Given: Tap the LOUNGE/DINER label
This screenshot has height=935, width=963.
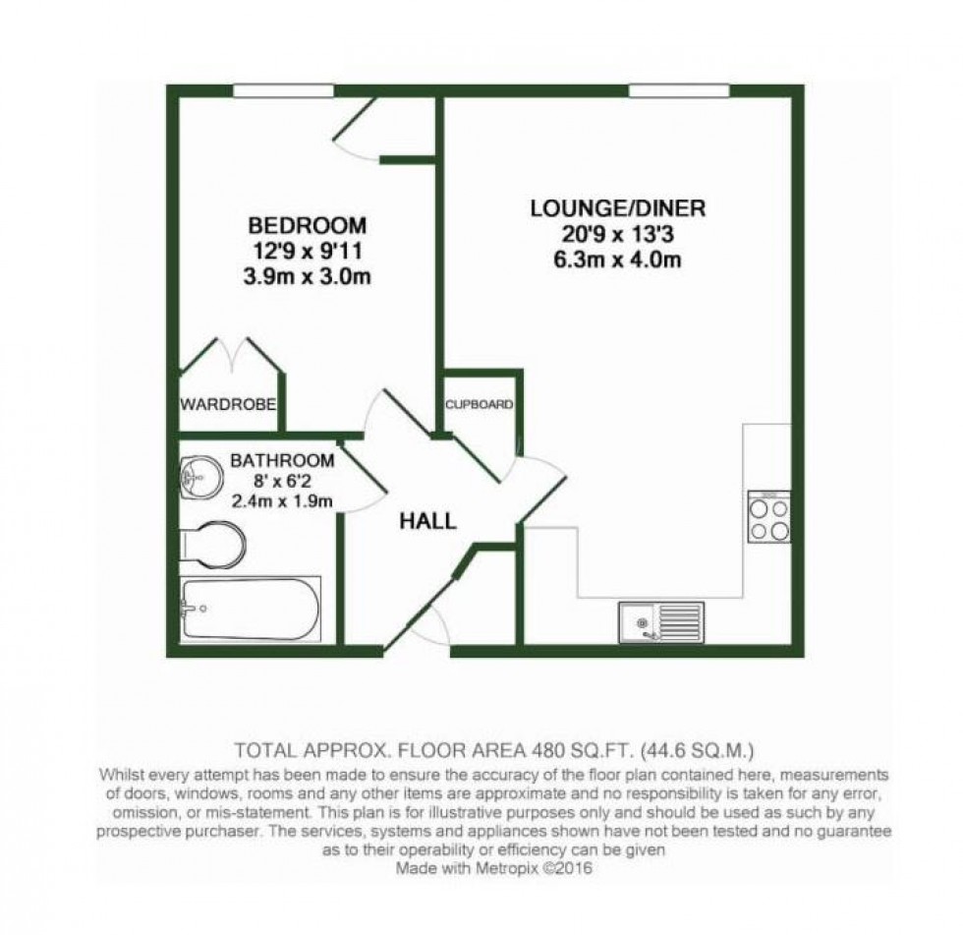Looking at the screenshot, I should pyautogui.click(x=618, y=208).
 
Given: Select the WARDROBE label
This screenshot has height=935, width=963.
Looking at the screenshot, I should pyautogui.click(x=227, y=405).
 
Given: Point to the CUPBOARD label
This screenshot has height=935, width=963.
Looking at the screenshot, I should pyautogui.click(x=479, y=404).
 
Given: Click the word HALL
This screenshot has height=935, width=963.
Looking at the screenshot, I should pyautogui.click(x=427, y=521).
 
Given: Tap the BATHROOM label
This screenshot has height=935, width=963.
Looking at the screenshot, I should pyautogui.click(x=282, y=460).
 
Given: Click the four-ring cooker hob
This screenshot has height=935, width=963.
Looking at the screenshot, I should pyautogui.click(x=768, y=518).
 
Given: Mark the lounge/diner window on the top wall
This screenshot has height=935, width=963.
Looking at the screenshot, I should pyautogui.click(x=679, y=91).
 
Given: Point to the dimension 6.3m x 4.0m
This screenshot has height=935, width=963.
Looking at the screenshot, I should pyautogui.click(x=619, y=261).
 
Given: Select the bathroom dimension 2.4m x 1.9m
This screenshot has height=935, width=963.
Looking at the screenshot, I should pyautogui.click(x=283, y=501).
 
